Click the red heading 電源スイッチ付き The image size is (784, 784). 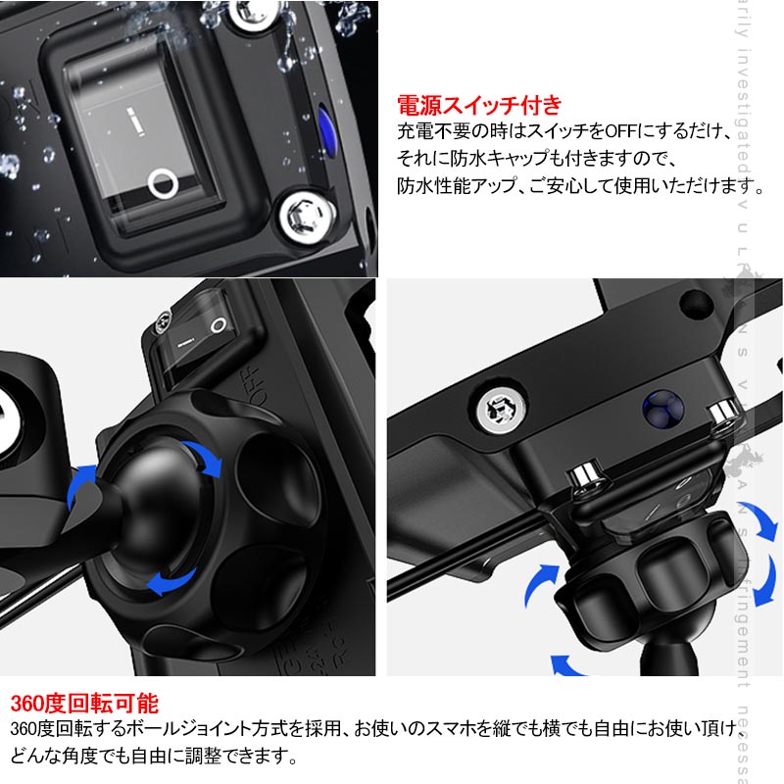pyautogui.click(x=478, y=105)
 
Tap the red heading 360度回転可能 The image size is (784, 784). pyautogui.click(x=83, y=704)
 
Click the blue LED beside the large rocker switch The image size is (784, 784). pyautogui.click(x=324, y=122)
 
